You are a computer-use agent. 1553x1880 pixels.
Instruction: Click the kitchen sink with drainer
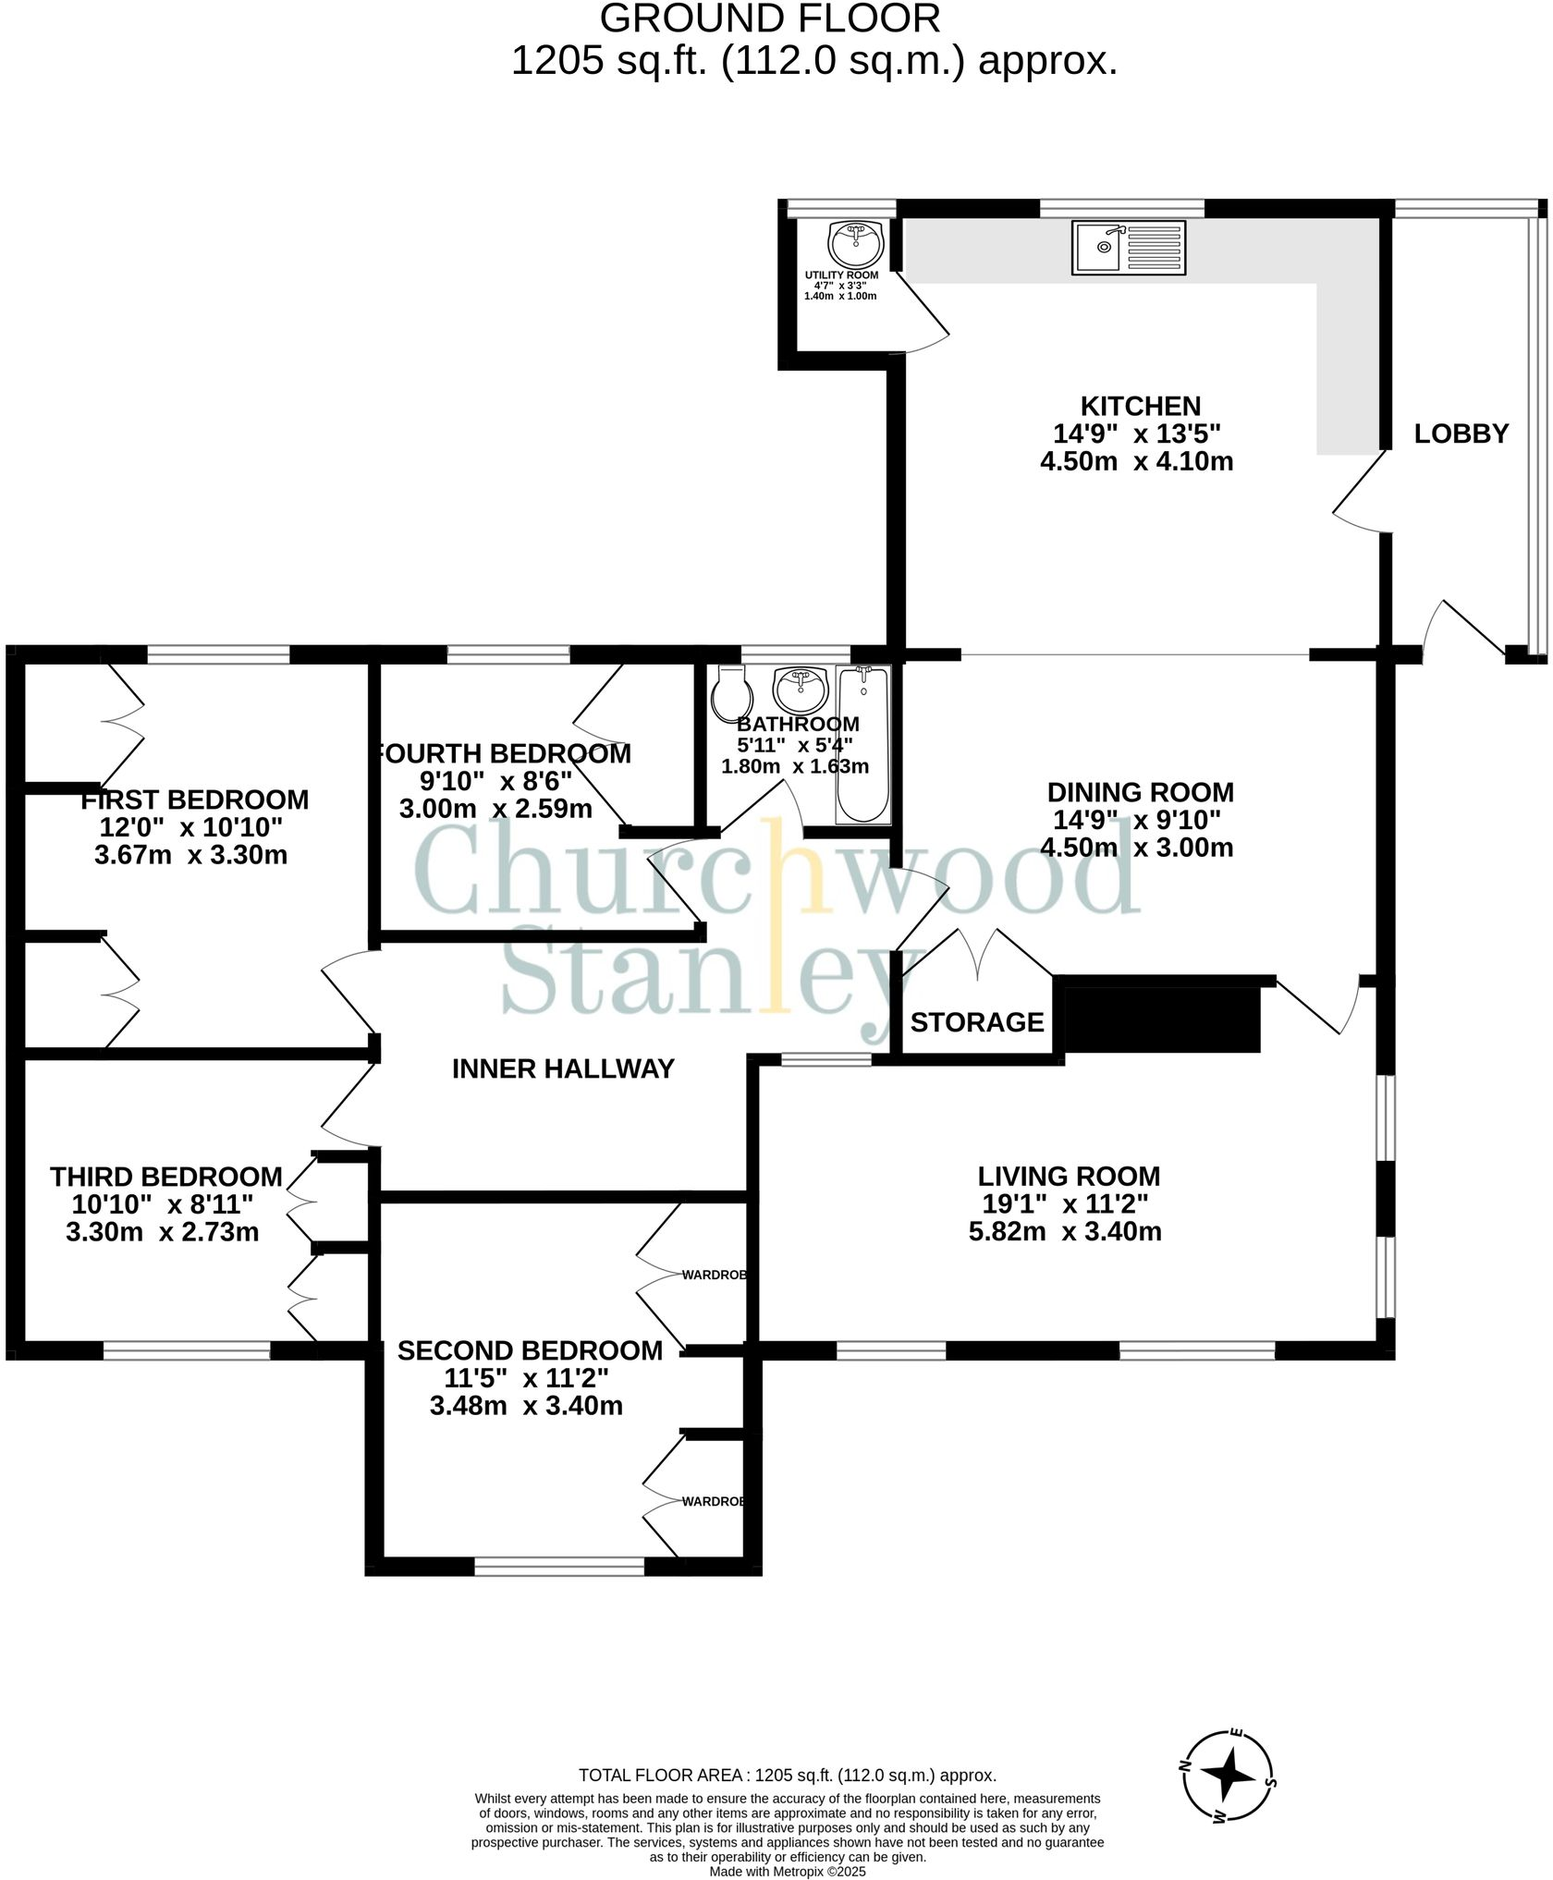point(1128,248)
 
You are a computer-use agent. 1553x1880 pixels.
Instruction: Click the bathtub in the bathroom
point(862,743)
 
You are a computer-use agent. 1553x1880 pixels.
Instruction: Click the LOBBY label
point(1461,433)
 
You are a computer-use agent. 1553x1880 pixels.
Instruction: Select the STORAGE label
point(976,1022)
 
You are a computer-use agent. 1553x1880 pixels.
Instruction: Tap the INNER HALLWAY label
point(563,1068)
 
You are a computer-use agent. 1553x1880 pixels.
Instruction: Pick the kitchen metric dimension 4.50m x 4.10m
point(1136,461)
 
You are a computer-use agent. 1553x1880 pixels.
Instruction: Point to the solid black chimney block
point(1163,1019)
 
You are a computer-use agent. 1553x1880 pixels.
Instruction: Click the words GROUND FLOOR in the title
point(770,18)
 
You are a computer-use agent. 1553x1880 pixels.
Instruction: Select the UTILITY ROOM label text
point(841,275)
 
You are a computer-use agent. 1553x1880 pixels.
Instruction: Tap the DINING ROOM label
point(1140,792)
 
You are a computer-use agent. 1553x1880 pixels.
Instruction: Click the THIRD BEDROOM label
point(166,1177)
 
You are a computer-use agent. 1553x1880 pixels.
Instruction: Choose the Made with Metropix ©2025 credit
point(787,1872)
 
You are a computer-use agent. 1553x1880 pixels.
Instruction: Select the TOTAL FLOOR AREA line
point(787,1775)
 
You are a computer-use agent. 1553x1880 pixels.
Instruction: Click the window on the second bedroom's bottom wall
point(559,1566)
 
